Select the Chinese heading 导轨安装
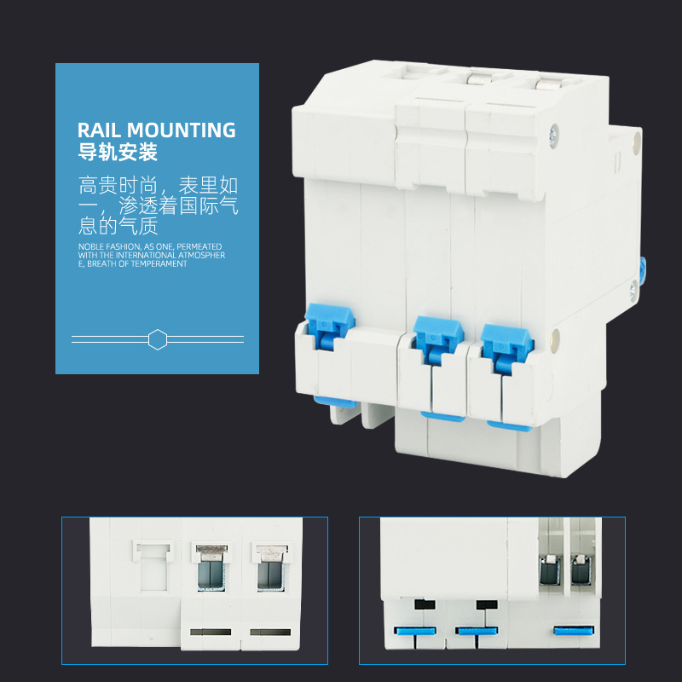click(118, 154)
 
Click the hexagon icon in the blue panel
click(157, 339)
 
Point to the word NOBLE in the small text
click(89, 246)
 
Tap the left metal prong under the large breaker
click(337, 413)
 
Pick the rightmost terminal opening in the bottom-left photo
click(270, 568)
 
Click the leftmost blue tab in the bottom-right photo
click(414, 631)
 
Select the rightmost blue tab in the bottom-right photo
click(574, 630)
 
